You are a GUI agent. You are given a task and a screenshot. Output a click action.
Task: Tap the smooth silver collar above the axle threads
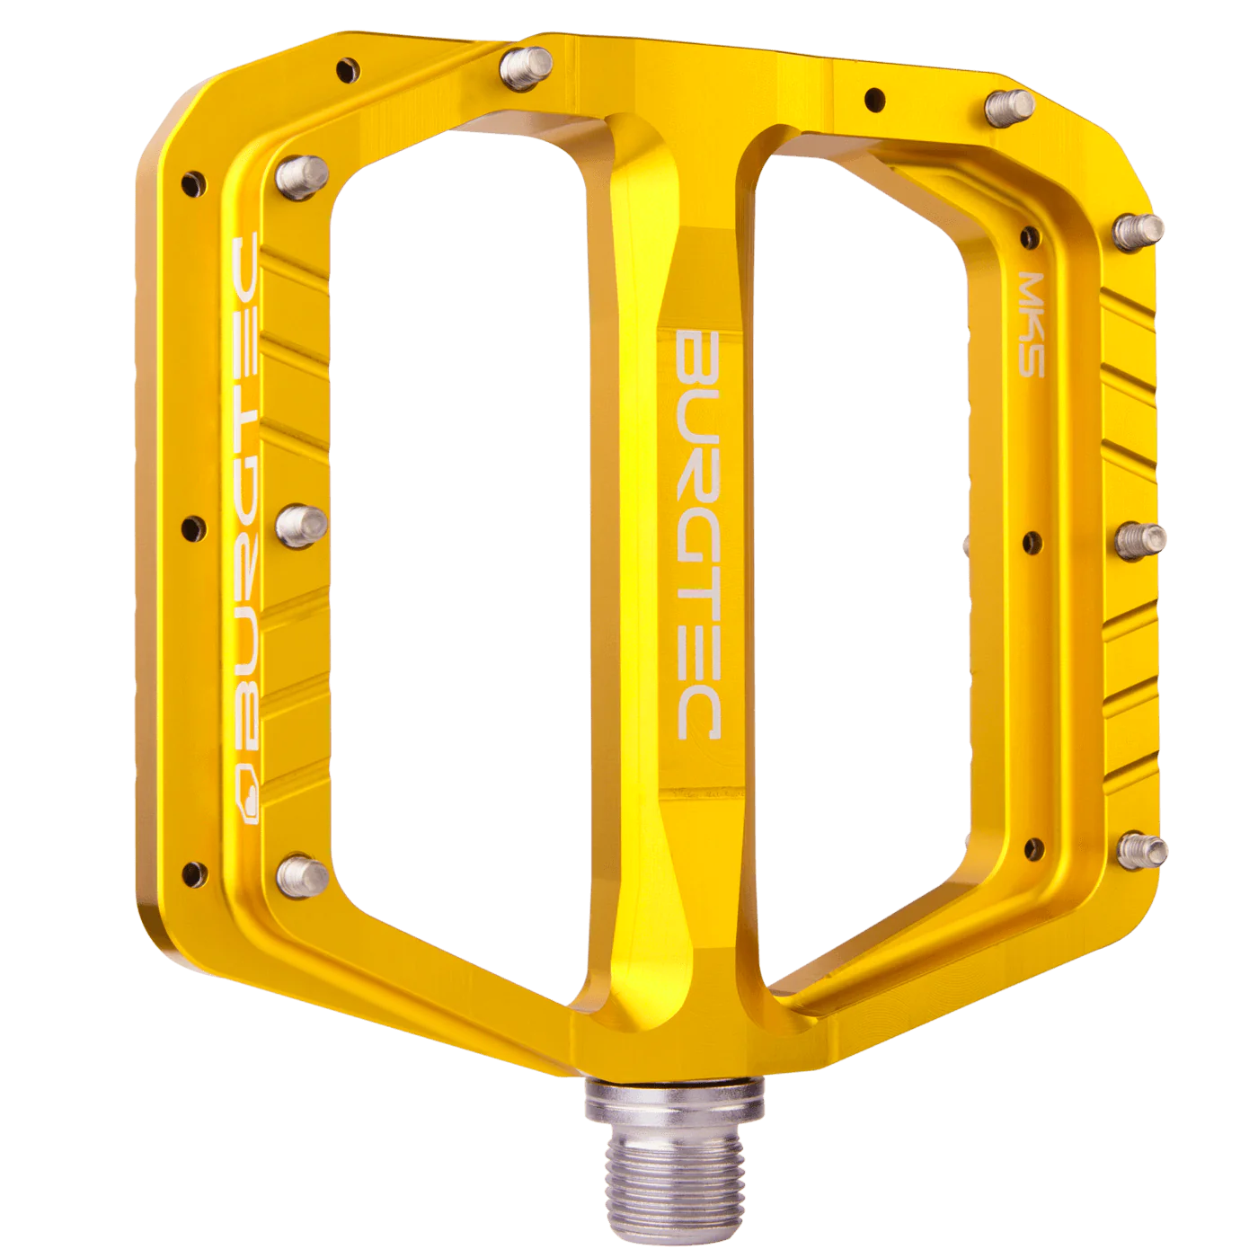pyautogui.click(x=674, y=1098)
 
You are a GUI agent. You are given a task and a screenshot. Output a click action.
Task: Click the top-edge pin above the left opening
pyautogui.click(x=527, y=63)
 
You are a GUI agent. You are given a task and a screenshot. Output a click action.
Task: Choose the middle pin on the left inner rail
pyautogui.click(x=300, y=518)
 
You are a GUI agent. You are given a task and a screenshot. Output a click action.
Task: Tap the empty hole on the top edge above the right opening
pyautogui.click(x=872, y=96)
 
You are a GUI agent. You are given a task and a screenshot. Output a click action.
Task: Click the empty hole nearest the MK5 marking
pyautogui.click(x=1029, y=236)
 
